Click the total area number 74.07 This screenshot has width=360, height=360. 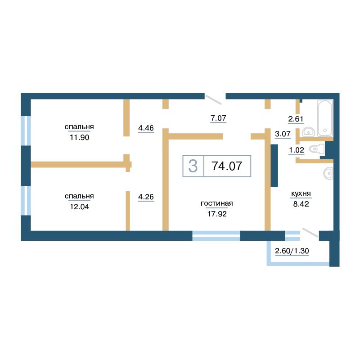click(227, 166)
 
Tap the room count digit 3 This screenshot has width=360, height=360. click(193, 166)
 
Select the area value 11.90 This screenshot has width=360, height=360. click(80, 137)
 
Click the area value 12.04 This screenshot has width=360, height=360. click(80, 207)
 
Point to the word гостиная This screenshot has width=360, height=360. click(217, 203)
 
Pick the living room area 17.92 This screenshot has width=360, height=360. click(217, 214)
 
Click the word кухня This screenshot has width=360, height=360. click(301, 193)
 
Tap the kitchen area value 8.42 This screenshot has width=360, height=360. click(301, 204)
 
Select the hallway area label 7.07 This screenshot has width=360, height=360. click(219, 118)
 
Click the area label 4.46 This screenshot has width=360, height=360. click(146, 128)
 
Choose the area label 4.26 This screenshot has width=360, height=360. click(146, 197)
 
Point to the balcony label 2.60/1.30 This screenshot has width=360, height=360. click(292, 251)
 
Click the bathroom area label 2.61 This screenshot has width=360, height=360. click(296, 119)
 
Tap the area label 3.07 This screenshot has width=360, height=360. click(283, 134)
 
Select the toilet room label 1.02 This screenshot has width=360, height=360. click(297, 150)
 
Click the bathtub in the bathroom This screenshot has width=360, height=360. click(325, 118)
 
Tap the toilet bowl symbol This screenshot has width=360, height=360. click(317, 149)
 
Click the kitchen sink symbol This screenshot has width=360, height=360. click(328, 173)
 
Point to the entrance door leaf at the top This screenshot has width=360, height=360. click(213, 99)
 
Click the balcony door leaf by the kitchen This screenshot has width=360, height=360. click(310, 233)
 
